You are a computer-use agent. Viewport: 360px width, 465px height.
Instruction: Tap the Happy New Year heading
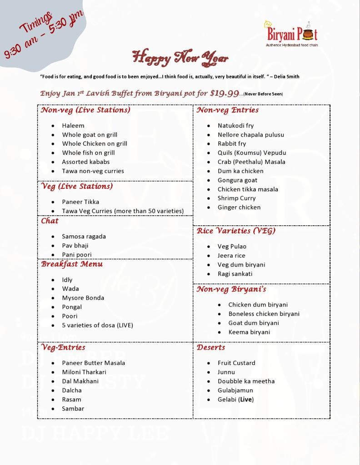180,58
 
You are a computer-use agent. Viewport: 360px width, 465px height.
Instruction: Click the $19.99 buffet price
224,93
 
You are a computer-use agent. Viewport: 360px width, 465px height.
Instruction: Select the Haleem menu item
73,125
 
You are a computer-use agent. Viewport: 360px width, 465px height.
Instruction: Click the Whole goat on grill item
90,134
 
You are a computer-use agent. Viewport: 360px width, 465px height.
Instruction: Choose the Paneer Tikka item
80,202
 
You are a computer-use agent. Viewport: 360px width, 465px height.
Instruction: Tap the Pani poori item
77,255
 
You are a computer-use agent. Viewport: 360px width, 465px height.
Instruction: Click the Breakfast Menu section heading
72,264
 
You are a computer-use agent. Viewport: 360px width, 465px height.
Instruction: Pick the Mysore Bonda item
83,298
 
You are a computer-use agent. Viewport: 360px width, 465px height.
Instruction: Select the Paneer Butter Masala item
94,363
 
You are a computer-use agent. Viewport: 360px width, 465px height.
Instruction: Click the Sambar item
73,408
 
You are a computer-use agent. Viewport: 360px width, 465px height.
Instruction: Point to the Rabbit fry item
232,143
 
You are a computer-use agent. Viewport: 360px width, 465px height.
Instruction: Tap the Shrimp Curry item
236,198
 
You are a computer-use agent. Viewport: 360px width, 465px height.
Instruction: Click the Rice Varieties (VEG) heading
236,231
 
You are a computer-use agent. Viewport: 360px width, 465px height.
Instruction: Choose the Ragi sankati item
235,274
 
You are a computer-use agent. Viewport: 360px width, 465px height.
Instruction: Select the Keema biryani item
249,332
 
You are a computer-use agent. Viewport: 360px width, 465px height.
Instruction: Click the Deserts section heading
211,347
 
